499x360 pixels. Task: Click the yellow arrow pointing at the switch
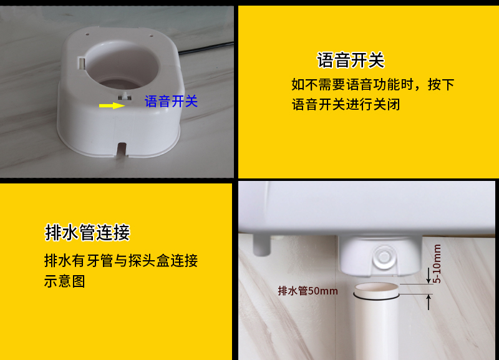point(112,105)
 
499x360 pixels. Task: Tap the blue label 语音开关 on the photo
point(171,101)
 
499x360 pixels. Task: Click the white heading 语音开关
point(351,61)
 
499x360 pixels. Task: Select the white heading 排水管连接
point(87,232)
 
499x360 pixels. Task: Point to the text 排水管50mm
point(308,291)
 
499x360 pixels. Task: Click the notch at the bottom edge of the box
point(122,150)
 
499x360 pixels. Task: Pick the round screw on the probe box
point(384,256)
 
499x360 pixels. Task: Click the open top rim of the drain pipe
point(375,289)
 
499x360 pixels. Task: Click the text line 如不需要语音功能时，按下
point(372,84)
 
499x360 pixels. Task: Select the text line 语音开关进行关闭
point(346,104)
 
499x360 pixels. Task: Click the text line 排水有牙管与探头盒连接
point(121,260)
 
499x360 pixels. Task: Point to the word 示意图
point(64,281)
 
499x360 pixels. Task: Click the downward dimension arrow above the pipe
point(429,275)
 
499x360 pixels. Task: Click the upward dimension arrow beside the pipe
point(429,302)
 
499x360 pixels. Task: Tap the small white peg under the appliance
point(263,246)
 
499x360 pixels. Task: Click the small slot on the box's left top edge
point(81,61)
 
